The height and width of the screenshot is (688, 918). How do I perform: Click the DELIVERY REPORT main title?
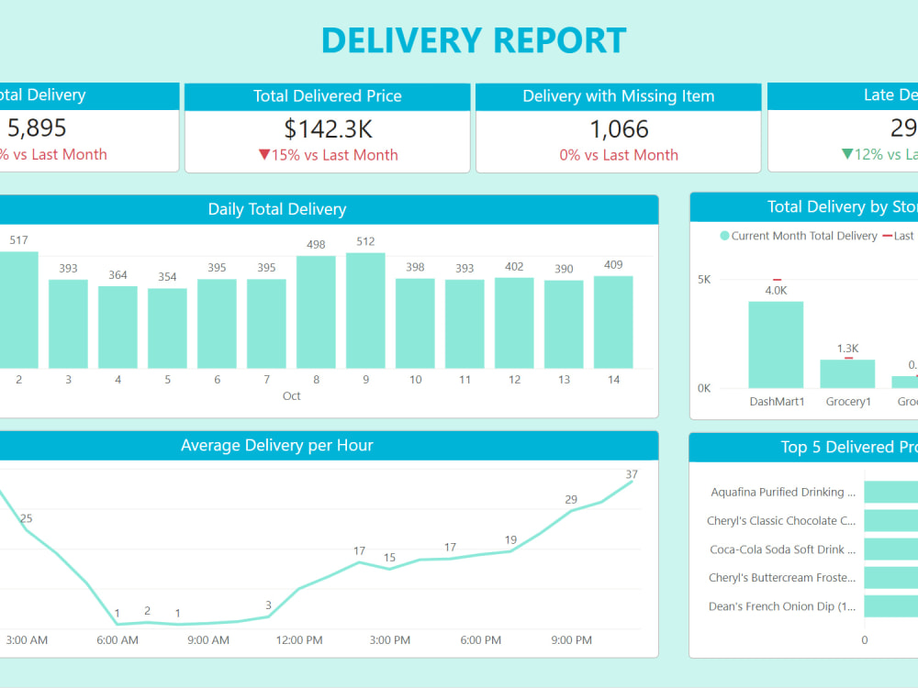pos(474,41)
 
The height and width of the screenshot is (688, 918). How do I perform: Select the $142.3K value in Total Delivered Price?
pos(328,128)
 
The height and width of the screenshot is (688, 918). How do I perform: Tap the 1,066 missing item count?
pos(619,128)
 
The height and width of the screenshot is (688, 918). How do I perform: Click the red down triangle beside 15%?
pos(264,155)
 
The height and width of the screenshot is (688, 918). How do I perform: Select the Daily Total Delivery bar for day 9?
pos(365,310)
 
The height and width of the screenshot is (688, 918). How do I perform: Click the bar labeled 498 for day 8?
pos(316,312)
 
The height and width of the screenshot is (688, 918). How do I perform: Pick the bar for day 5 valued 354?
pos(167,328)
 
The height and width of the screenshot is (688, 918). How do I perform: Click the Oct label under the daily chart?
pos(291,396)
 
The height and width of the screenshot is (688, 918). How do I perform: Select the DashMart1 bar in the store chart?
pos(776,344)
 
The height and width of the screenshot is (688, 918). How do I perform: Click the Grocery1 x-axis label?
pos(847,402)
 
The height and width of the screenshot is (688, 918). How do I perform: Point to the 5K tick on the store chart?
pos(704,280)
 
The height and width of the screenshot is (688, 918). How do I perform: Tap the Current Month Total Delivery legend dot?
pos(724,236)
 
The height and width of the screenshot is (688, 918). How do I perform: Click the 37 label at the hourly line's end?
pos(632,474)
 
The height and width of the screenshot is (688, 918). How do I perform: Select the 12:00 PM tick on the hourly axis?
pos(299,640)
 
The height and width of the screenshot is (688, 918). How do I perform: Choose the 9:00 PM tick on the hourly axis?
pos(571,640)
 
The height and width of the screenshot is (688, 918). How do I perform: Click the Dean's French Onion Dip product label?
pos(782,606)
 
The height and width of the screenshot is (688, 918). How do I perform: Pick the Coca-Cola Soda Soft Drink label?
pos(782,549)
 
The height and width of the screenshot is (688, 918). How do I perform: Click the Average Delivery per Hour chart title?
pos(277,446)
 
